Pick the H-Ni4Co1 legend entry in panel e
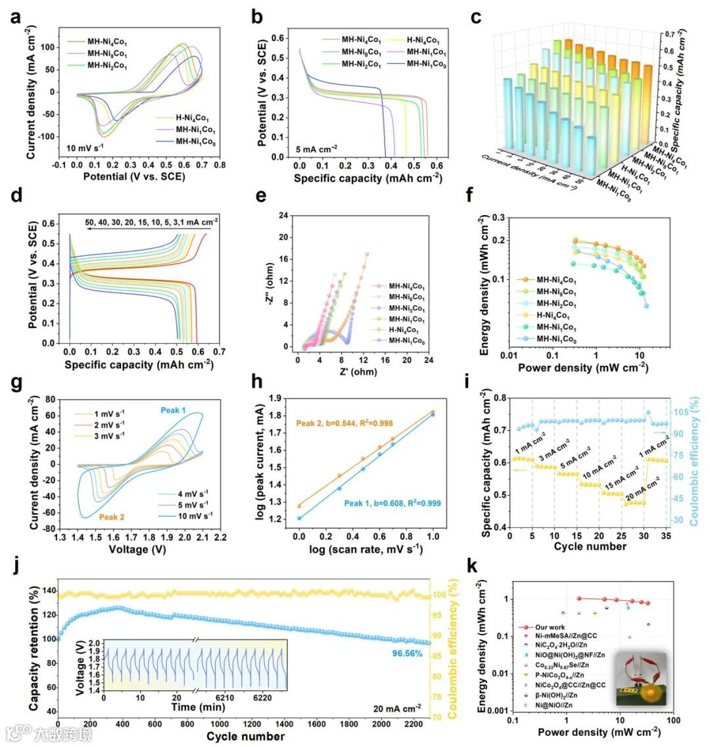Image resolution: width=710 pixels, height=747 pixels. (x=400, y=330)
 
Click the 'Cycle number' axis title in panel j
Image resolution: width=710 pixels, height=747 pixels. (x=245, y=736)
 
